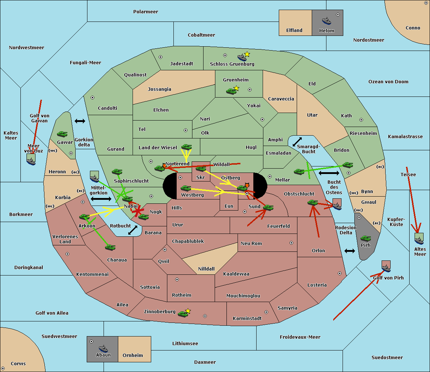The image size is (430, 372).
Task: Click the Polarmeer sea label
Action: [145, 12]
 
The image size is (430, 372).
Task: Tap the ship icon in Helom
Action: [326, 20]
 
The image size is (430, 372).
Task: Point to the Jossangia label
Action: [159, 89]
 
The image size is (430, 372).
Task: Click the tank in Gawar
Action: [62, 134]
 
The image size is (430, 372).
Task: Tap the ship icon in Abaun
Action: [103, 348]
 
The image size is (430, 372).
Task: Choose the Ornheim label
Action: [133, 355]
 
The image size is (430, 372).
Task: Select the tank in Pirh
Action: [365, 238]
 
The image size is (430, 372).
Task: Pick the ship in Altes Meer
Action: [419, 239]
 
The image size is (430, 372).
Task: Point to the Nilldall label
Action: [206, 269]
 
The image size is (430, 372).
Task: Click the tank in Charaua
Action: [110, 247]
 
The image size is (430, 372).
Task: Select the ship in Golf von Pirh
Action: [386, 267]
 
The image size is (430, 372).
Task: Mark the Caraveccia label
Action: [281, 99]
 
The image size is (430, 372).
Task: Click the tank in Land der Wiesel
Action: [186, 147]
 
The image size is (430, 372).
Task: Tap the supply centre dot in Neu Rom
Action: [291, 243]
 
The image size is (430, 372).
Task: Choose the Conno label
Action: [413, 28]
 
